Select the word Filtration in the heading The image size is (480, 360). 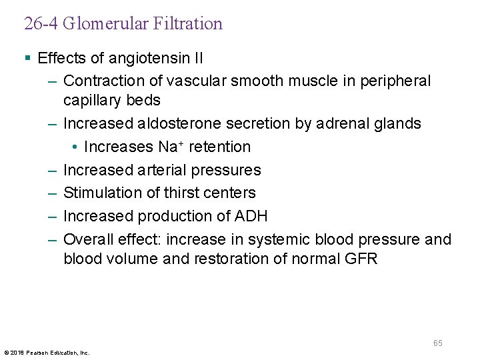(x=187, y=24)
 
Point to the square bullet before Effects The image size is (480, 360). (x=27, y=58)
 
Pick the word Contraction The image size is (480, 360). (x=102, y=81)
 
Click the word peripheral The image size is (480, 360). (x=395, y=81)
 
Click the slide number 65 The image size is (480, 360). (x=437, y=343)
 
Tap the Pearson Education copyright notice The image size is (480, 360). (x=47, y=352)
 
